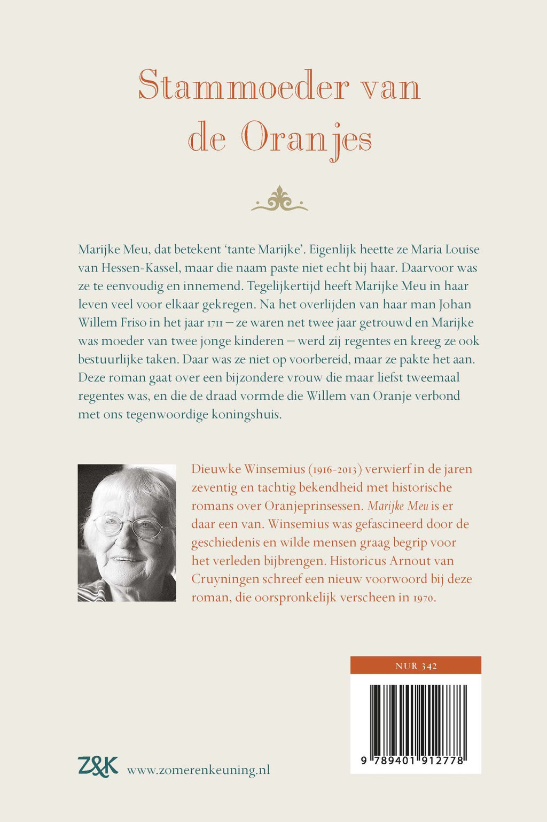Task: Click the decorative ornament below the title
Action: click(x=279, y=200)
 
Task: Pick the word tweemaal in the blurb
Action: click(x=433, y=378)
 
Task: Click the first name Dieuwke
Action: click(x=216, y=469)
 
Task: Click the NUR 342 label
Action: click(x=416, y=665)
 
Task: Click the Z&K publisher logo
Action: click(x=97, y=766)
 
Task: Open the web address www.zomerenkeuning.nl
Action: click(x=198, y=770)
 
